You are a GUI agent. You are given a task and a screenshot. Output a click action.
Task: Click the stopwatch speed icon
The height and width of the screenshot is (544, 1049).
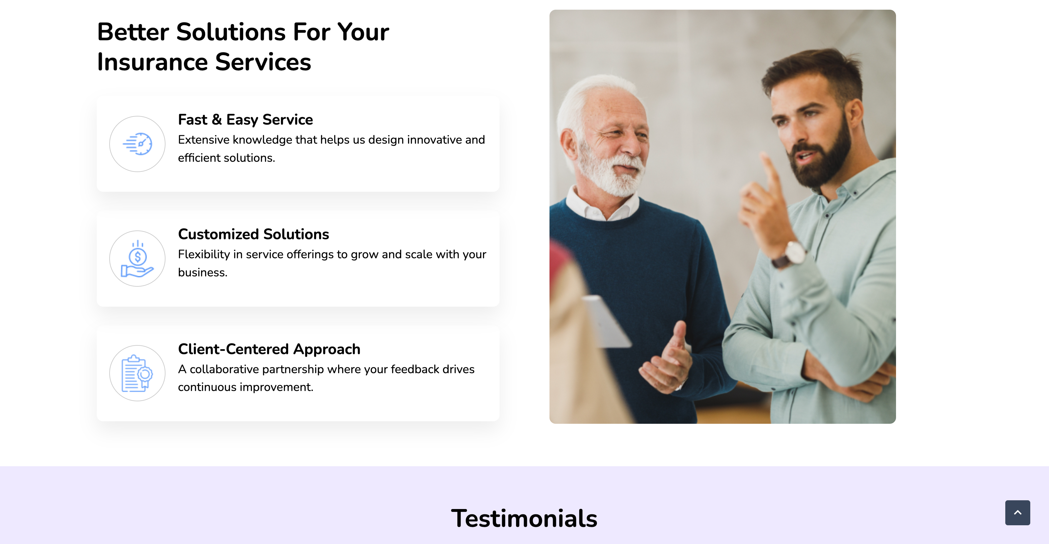tap(138, 144)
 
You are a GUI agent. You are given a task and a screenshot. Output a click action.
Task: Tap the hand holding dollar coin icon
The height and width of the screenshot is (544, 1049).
tap(137, 259)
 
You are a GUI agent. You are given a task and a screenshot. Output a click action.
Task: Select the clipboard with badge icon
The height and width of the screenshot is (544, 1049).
tap(137, 373)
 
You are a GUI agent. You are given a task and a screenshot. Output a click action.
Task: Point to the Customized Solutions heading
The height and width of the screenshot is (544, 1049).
tap(253, 234)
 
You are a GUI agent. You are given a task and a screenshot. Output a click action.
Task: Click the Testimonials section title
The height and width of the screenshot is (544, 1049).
tap(524, 518)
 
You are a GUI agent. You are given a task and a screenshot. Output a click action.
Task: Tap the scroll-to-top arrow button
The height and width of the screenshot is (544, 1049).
tap(1017, 513)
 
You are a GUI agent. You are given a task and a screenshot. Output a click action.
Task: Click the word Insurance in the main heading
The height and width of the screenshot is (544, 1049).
tap(153, 62)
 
